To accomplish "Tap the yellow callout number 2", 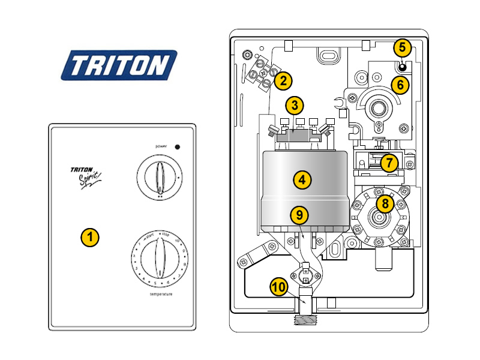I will (x=283, y=80).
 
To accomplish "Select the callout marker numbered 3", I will (x=293, y=105).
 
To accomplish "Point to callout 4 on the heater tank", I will (x=302, y=179).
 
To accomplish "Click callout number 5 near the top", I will (x=402, y=47).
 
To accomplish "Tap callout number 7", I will (x=389, y=162).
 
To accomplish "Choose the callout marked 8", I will (x=384, y=203).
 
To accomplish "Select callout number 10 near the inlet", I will (x=278, y=287).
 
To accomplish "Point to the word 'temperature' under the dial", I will (x=159, y=295).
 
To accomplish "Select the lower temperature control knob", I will (x=158, y=257).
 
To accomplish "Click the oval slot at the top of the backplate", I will (x=329, y=56).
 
